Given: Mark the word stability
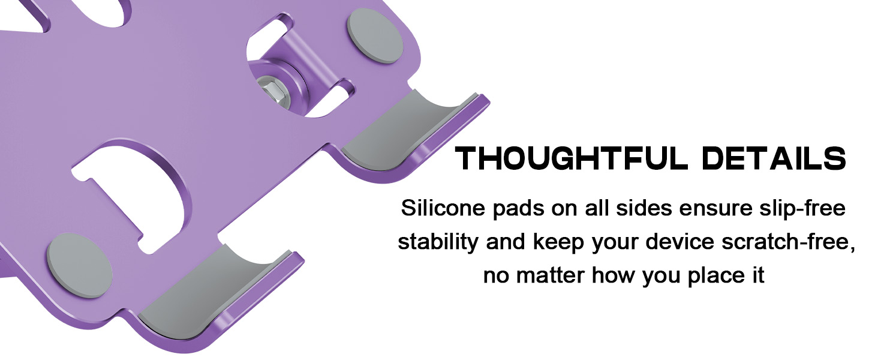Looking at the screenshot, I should [438, 242].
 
